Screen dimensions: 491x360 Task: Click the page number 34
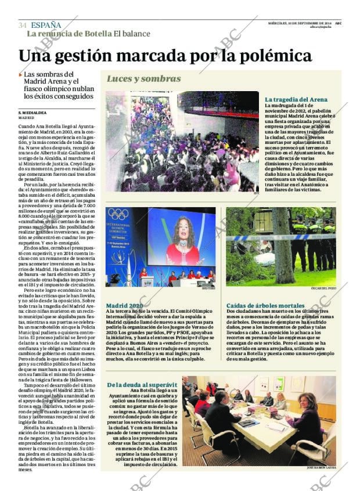[22, 25]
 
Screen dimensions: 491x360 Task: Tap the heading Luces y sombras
[143, 79]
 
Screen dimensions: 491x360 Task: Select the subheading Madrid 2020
[124, 305]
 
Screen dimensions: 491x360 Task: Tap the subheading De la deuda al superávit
[142, 385]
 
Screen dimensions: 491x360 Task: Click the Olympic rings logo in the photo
[118, 214]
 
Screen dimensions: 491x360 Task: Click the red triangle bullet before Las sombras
[20, 75]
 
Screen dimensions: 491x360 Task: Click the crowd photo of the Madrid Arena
[182, 141]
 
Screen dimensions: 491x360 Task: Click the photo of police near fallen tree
[280, 247]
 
